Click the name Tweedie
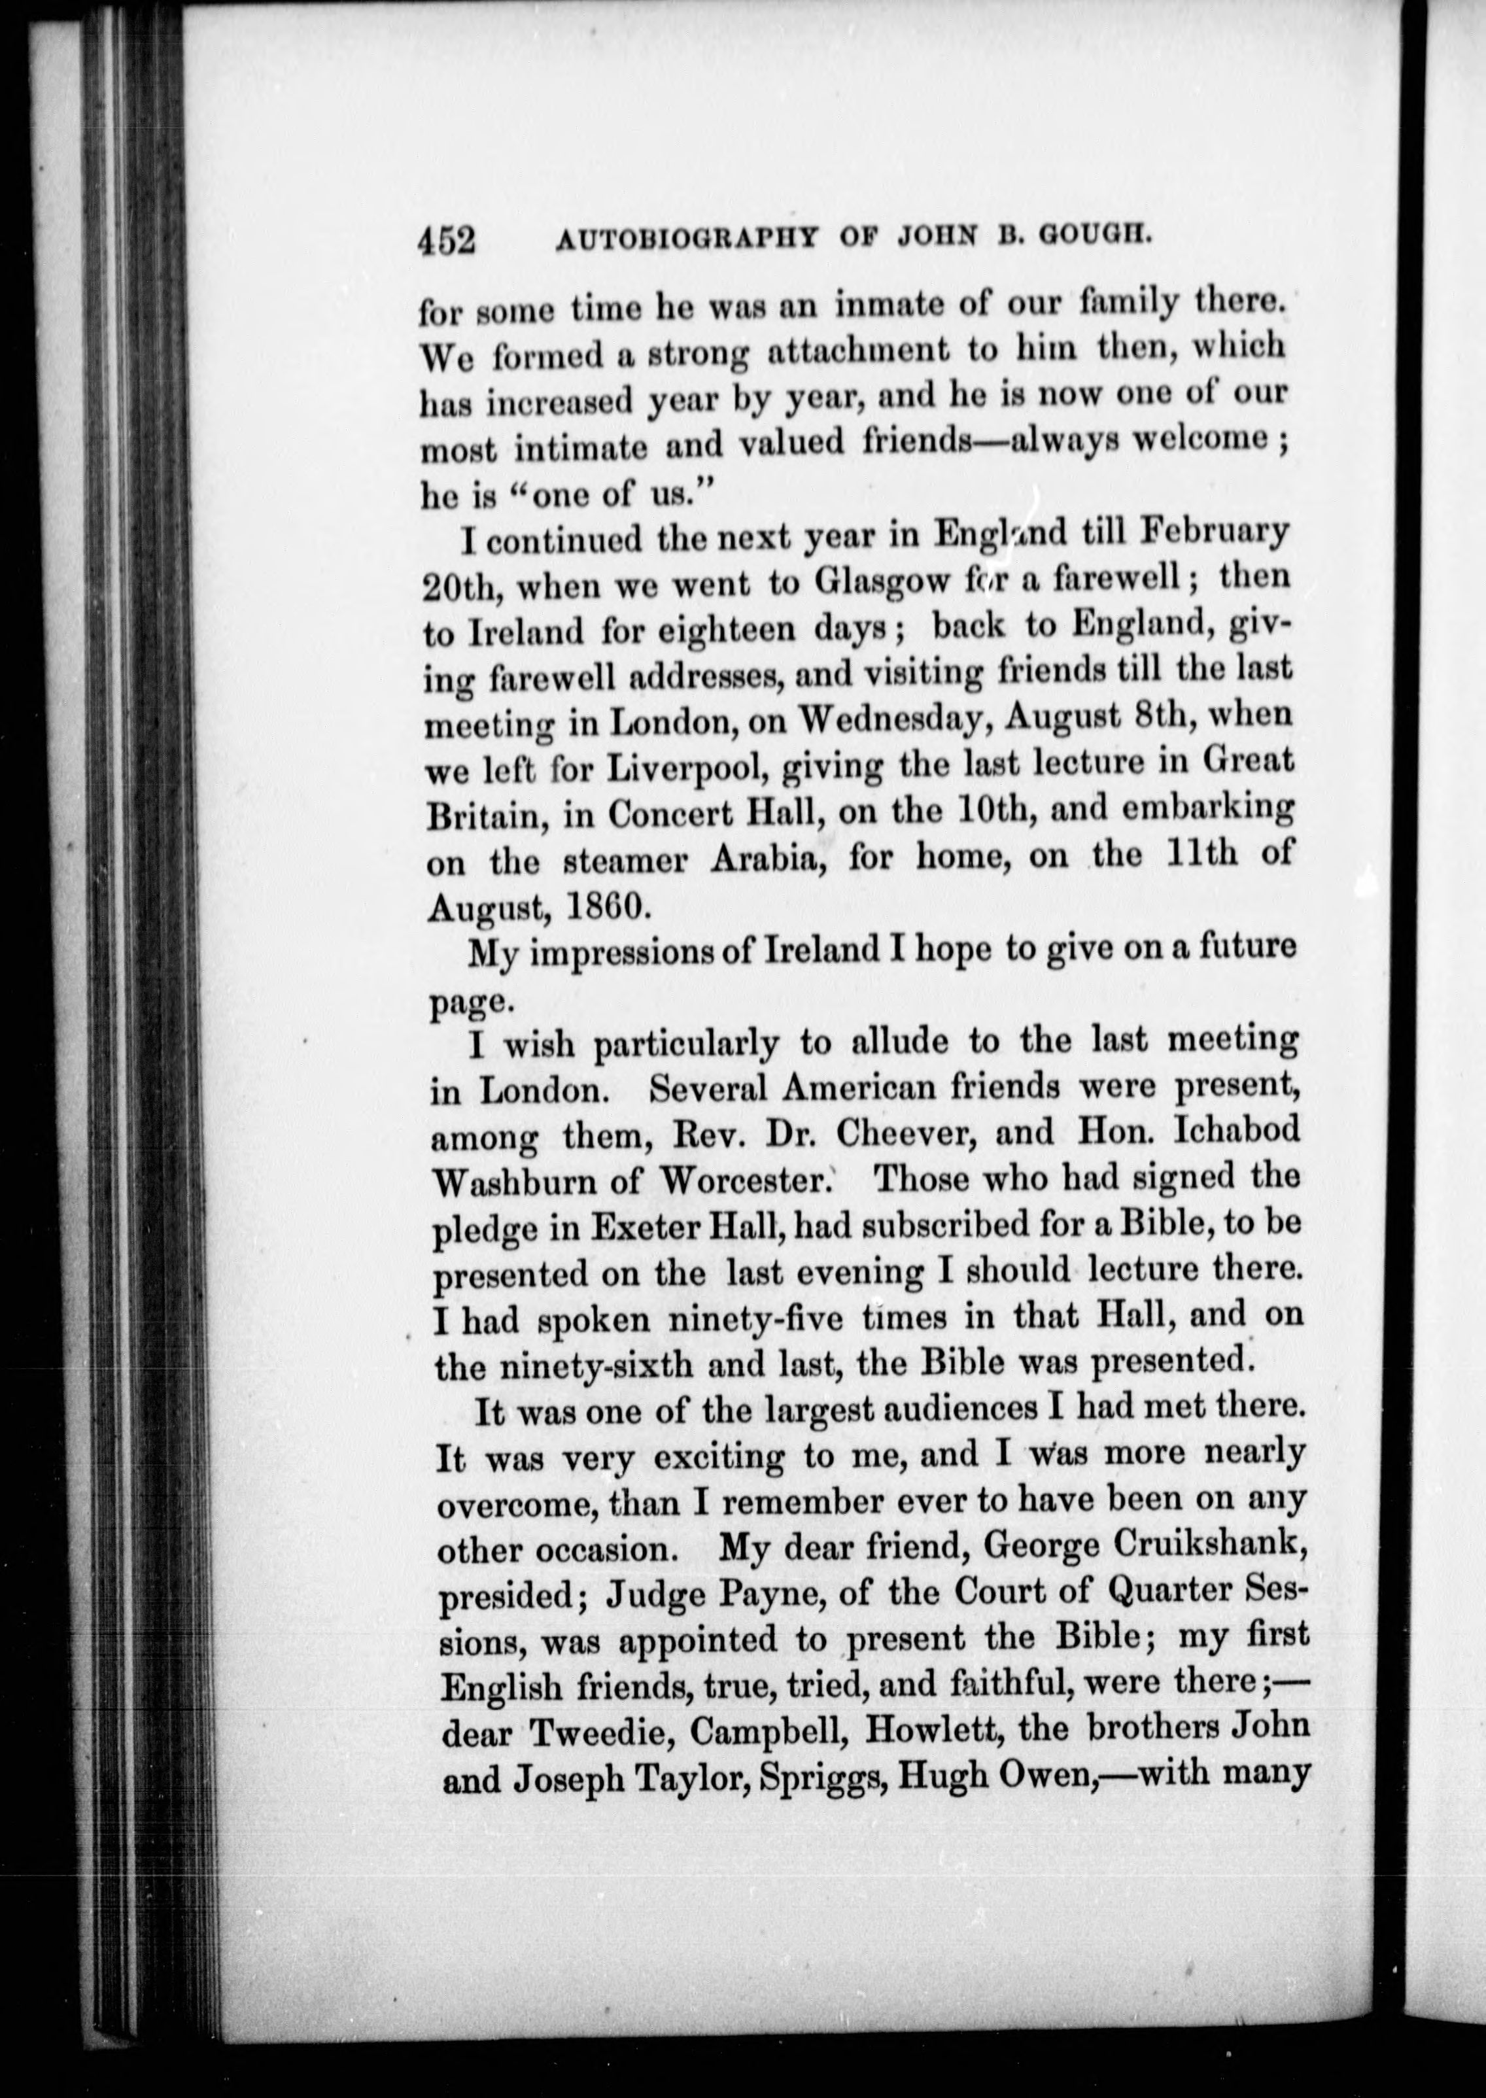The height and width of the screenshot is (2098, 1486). [594, 1733]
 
